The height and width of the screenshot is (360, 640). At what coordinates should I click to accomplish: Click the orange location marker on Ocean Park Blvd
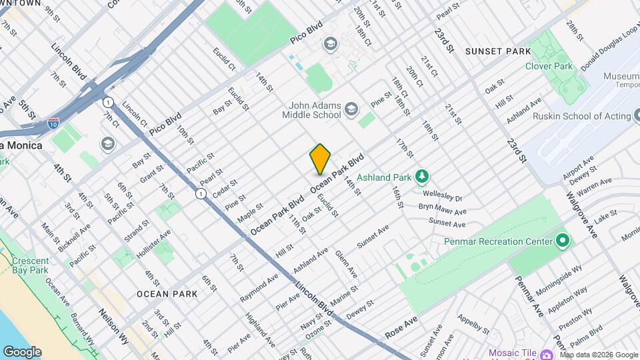pyautogui.click(x=321, y=159)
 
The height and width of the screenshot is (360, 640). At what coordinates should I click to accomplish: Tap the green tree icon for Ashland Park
pyautogui.click(x=421, y=177)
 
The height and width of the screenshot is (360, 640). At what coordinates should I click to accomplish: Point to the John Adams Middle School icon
pyautogui.click(x=353, y=108)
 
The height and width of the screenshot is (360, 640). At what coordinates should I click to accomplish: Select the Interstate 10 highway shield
pyautogui.click(x=53, y=123)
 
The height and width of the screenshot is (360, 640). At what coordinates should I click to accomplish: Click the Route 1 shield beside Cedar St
pyautogui.click(x=201, y=193)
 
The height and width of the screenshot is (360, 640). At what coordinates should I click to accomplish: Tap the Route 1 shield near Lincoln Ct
pyautogui.click(x=107, y=102)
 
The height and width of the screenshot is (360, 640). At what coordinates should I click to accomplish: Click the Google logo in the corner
pyautogui.click(x=21, y=351)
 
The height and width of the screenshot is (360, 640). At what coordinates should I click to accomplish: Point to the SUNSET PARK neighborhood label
pyautogui.click(x=498, y=51)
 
